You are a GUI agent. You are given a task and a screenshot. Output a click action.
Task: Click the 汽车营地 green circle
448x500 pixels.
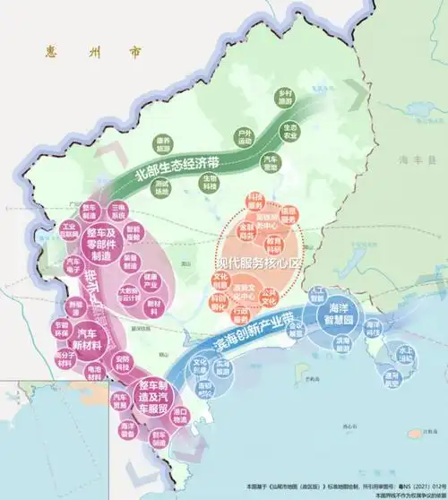pos(271,162)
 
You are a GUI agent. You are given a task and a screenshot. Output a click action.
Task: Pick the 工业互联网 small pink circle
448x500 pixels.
pos(70,229)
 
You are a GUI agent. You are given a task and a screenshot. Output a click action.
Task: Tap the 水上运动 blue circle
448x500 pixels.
pos(406,353)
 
